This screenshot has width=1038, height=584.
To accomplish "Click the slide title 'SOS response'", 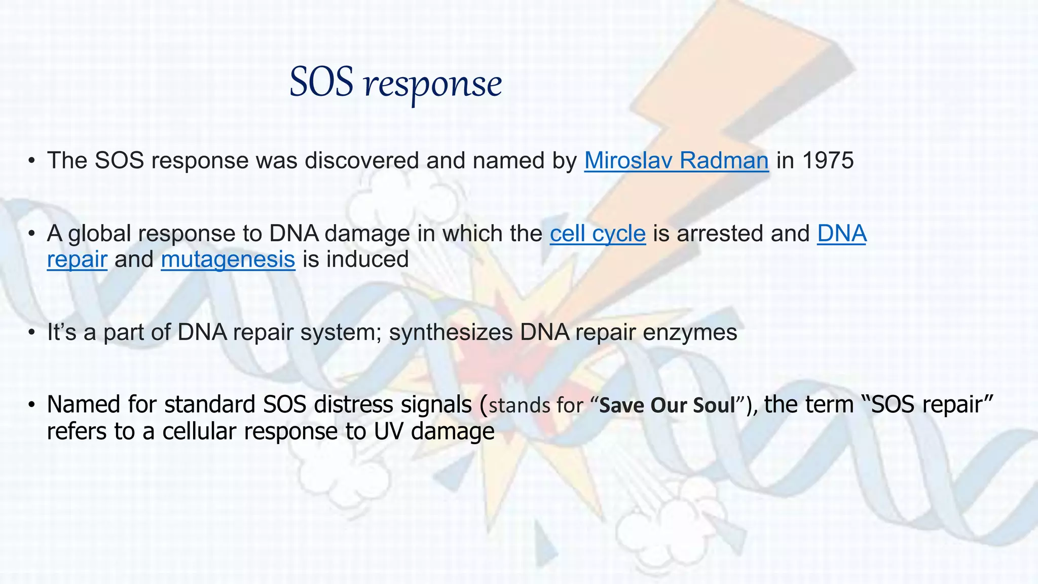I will tap(395, 83).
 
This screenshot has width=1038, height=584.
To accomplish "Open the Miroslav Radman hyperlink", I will tap(676, 161).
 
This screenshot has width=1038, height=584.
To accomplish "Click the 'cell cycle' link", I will tap(598, 234).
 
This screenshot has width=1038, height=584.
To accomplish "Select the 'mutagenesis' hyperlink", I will tap(228, 260).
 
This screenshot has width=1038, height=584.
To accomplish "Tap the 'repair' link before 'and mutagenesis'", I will tap(77, 260).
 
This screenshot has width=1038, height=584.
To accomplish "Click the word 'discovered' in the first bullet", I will tap(362, 161).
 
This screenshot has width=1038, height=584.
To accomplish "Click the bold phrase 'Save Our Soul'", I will tap(667, 406).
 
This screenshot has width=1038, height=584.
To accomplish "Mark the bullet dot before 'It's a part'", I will tap(32, 333).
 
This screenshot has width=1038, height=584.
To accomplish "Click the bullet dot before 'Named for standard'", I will tap(32, 406).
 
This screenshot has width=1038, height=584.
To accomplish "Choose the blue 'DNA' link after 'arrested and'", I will tap(841, 234).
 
